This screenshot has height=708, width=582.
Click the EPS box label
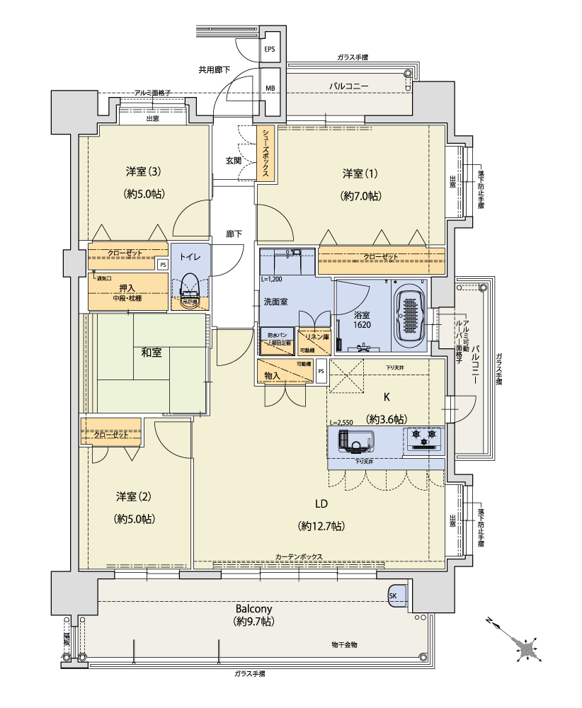[270, 50]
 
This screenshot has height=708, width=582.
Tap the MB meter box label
[270, 88]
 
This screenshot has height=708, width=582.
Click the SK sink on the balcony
[394, 596]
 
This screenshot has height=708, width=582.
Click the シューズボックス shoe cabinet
[266, 153]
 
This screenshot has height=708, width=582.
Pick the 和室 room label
[151, 352]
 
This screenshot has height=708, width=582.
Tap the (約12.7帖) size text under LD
[321, 525]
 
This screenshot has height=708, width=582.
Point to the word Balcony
[253, 608]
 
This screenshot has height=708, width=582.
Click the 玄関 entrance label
[234, 161]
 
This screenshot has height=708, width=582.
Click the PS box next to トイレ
[163, 265]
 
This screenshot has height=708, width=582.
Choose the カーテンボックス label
[299, 556]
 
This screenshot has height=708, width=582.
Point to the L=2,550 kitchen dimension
[341, 422]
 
